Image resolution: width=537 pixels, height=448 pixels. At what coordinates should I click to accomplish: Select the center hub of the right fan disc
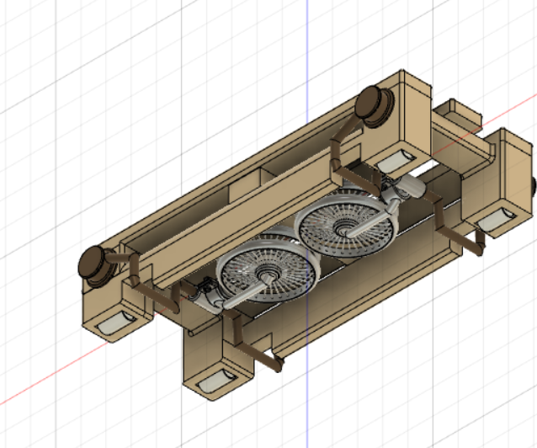click(x=345, y=227)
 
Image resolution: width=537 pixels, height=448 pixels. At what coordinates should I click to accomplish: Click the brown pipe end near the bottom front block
click(x=274, y=363)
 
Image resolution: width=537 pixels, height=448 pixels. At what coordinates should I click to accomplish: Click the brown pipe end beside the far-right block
click(x=478, y=246)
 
